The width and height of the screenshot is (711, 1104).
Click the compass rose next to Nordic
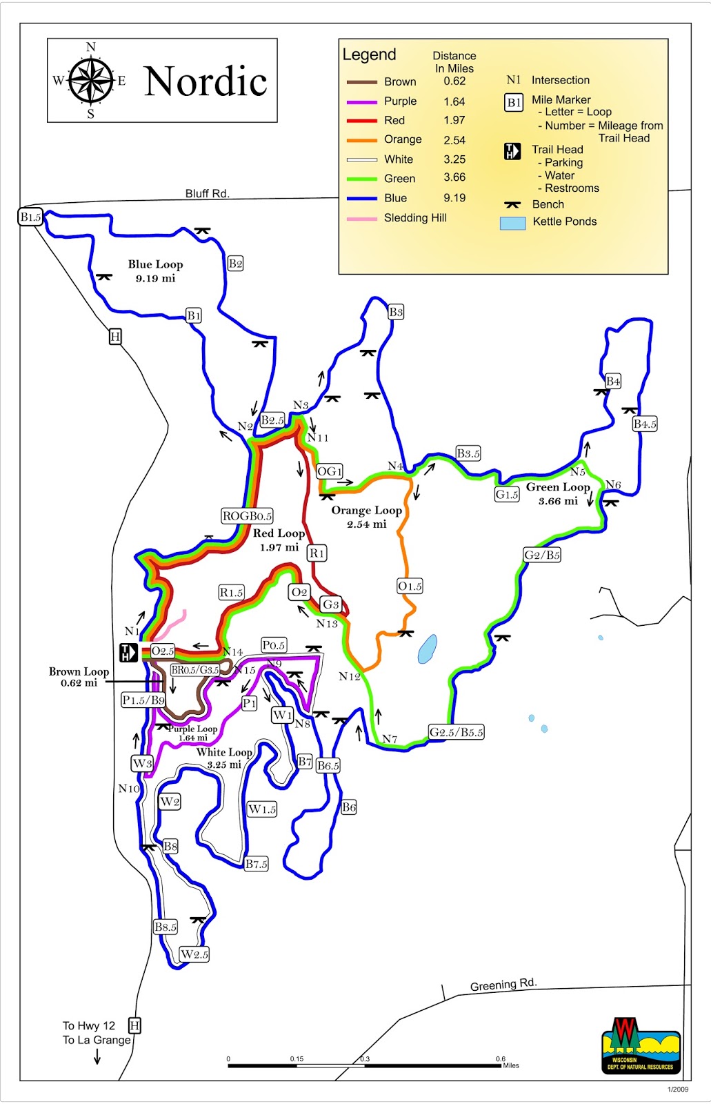pyautogui.click(x=90, y=81)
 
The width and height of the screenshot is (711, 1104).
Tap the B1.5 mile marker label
pyautogui.click(x=30, y=217)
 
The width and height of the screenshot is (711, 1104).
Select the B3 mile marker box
pyautogui.click(x=395, y=312)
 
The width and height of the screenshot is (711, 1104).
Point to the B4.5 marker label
pyautogui.click(x=644, y=424)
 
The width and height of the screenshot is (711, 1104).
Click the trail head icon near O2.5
pyautogui.click(x=128, y=652)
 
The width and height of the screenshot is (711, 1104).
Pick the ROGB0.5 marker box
pyautogui.click(x=247, y=515)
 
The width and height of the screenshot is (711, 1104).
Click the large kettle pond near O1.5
pyautogui.click(x=427, y=649)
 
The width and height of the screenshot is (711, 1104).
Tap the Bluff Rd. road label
pyautogui.click(x=207, y=193)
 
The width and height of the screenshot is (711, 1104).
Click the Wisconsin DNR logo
pyautogui.click(x=641, y=1045)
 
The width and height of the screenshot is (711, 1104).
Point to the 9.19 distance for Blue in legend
pyautogui.click(x=454, y=197)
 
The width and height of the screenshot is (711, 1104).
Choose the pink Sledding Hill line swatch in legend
pyautogui.click(x=361, y=219)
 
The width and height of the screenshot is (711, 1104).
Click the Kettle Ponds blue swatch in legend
pyautogui.click(x=512, y=223)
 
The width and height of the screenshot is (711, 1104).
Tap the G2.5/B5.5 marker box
pyautogui.click(x=456, y=732)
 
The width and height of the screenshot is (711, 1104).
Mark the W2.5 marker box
pyautogui.click(x=194, y=954)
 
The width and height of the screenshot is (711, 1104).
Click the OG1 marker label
pyautogui.click(x=329, y=471)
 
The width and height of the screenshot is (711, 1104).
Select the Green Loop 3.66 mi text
pyautogui.click(x=557, y=494)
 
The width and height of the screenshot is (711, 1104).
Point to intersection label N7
pyautogui.click(x=390, y=739)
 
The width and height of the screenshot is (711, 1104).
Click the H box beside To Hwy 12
pyautogui.click(x=134, y=1025)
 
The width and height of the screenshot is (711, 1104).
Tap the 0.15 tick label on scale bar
pyautogui.click(x=297, y=1058)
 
